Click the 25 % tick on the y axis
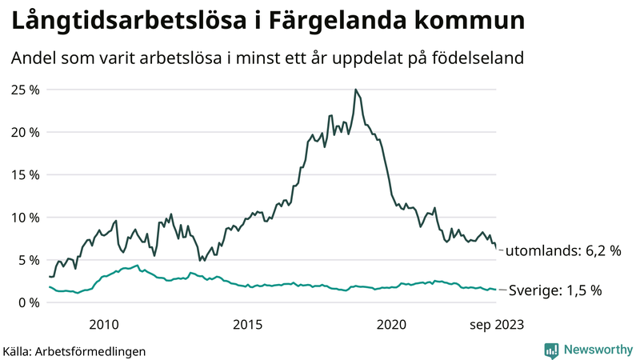click(25, 90)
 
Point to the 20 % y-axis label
click(25, 132)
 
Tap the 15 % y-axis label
click(25, 174)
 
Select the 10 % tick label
click(25, 218)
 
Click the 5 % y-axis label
click(28, 260)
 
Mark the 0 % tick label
click(28, 302)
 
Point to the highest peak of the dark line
click(355, 90)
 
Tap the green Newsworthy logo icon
click(551, 350)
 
